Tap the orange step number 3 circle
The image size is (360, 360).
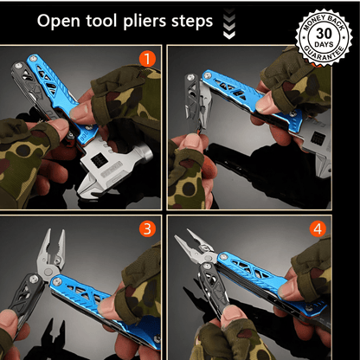147,229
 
